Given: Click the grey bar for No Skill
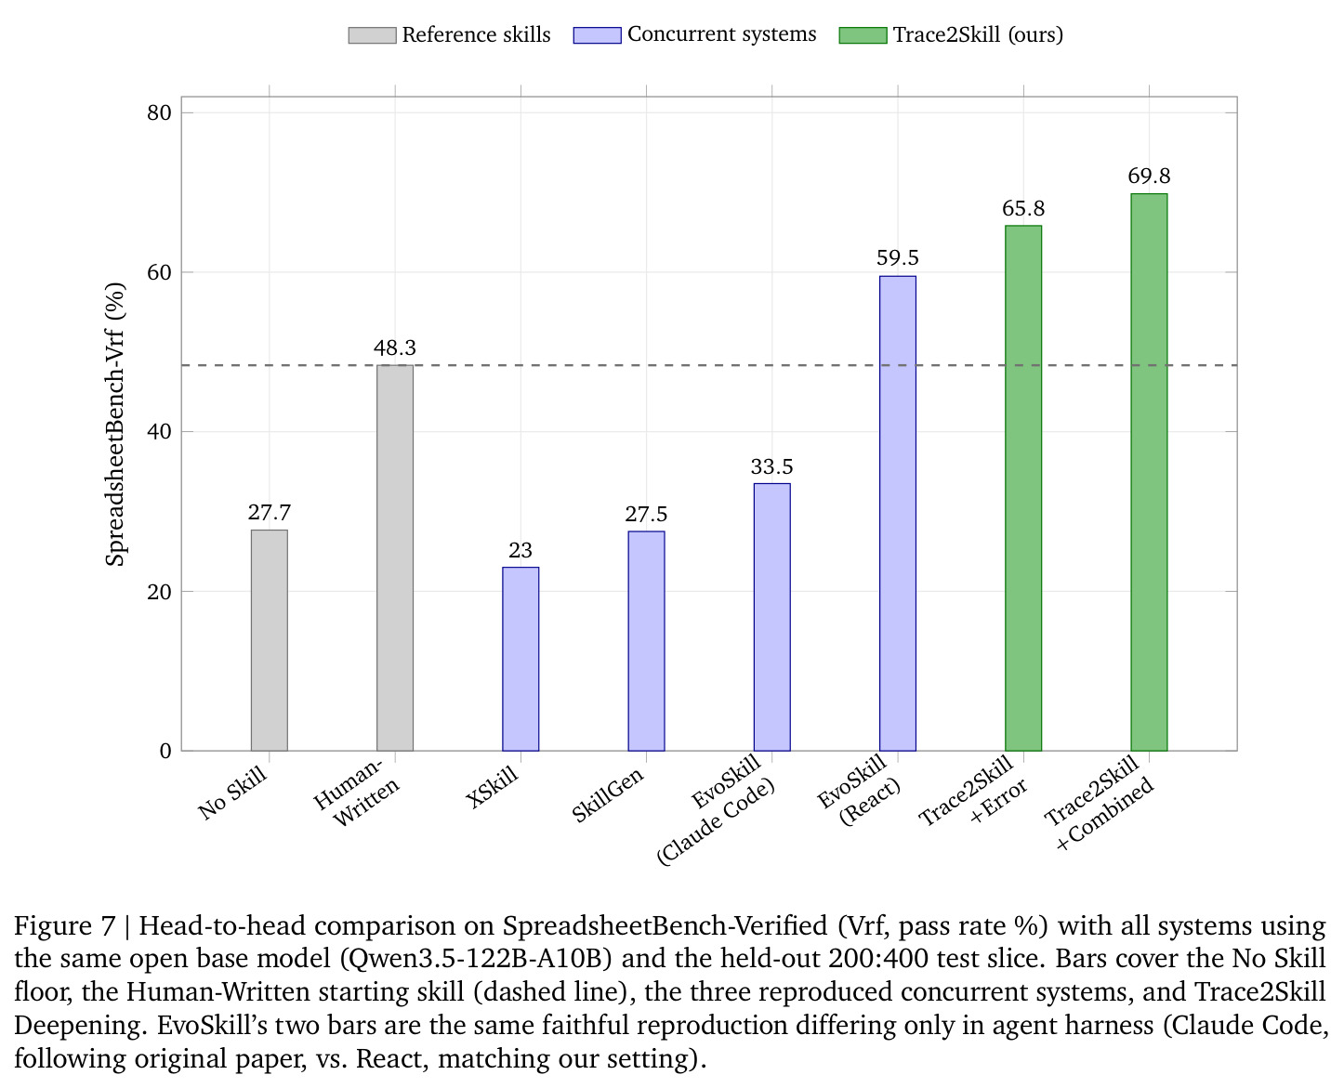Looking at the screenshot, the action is (x=269, y=639).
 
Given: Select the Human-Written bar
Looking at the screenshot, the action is (x=395, y=557).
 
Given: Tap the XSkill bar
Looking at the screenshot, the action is (x=520, y=659).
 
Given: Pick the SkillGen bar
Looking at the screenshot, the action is (x=646, y=641).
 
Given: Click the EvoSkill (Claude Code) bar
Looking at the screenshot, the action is (x=771, y=617).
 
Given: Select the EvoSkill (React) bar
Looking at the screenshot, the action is (x=897, y=513).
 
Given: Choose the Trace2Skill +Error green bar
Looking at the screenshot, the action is (x=1022, y=488).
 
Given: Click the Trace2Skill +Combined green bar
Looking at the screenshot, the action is (x=1149, y=472).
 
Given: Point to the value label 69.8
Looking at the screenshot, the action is (x=1149, y=176).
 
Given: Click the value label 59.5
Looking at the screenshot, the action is (x=897, y=257).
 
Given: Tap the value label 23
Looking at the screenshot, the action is (x=520, y=550).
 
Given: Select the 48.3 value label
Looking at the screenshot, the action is (x=395, y=347).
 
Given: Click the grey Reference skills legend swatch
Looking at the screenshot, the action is (x=373, y=34).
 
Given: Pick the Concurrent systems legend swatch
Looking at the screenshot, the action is (x=597, y=34).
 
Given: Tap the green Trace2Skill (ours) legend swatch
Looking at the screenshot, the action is (x=863, y=34).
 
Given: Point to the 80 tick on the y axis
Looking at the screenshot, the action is (x=159, y=113).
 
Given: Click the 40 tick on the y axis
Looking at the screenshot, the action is (x=159, y=432).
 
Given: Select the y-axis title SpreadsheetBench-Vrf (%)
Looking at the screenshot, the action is (x=115, y=424).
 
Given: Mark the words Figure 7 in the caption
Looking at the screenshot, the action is (x=65, y=926).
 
